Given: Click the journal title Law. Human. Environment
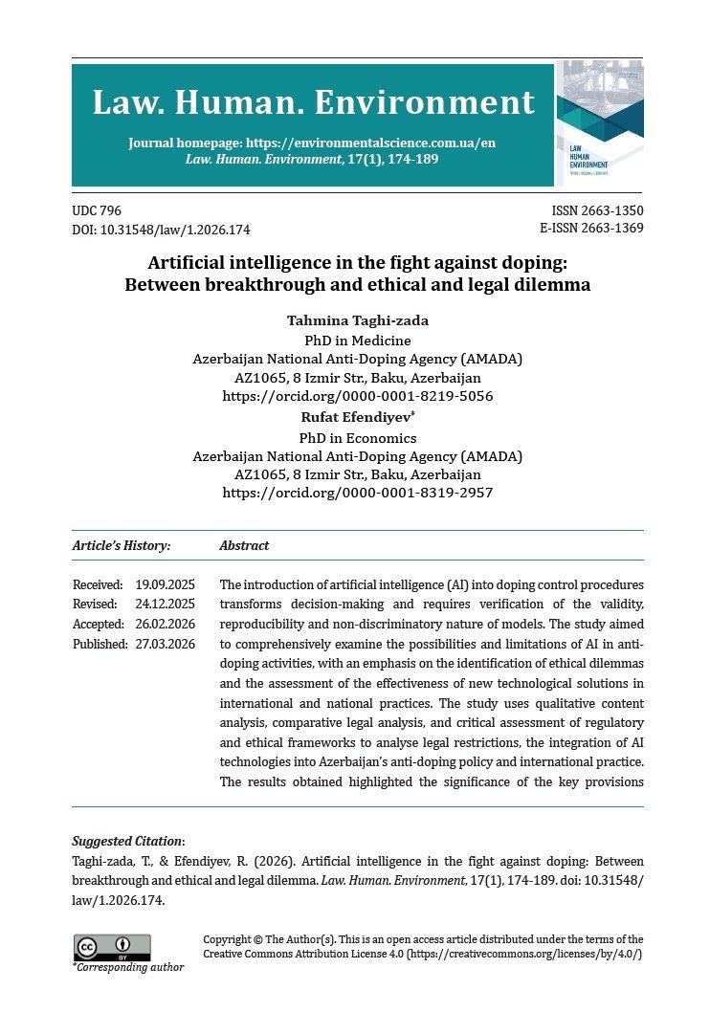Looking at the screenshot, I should pos(313,103).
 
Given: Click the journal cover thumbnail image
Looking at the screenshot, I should pos(600,122).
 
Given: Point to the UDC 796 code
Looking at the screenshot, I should pos(97,211).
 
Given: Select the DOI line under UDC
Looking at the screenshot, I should pos(161,230).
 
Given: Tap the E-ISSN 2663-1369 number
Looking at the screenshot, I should pos(591,229).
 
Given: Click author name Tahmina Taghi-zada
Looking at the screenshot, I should pos(358,320).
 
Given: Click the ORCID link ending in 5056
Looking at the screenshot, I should pos(358,395).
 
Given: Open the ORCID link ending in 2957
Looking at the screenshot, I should pos(358,493).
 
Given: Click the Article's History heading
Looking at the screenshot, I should pos(122,546).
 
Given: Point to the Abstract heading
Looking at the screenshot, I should pos(244,546).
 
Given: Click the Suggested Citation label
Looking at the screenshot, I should pos(128,842).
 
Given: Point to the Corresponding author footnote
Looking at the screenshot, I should pos(128,967).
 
